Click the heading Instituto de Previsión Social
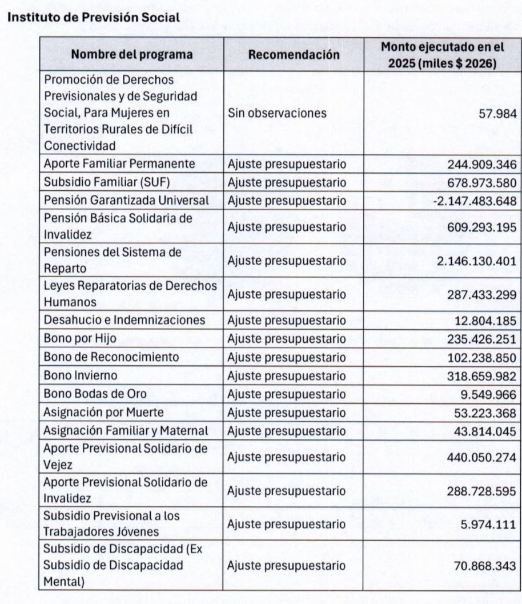pos(93,17)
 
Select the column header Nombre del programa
pos(131,55)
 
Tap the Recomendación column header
pos(294,55)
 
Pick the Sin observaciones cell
pos(277,113)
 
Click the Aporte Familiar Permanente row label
pos(119,164)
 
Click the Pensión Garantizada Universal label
pos(126,201)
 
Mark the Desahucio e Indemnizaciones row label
pos(124,320)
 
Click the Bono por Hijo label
pos(80,338)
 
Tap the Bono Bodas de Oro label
pos(95,394)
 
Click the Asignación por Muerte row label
pos(103,413)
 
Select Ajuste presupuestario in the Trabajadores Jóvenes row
pos(287,524)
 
